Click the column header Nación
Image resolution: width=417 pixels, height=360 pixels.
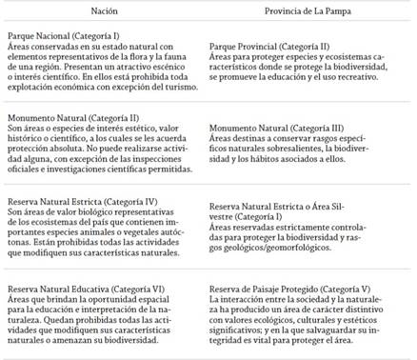(x=105, y=12)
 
